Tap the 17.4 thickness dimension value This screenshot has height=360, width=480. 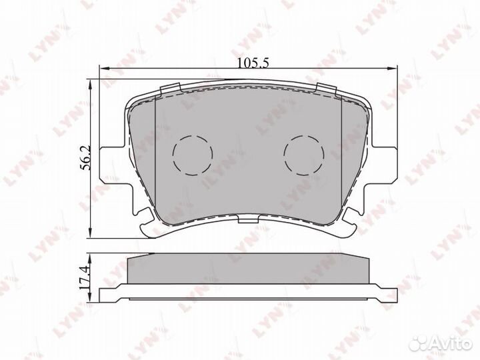[x=84, y=276]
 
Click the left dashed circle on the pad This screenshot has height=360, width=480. [x=192, y=155]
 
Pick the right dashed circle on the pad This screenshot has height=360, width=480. [x=303, y=155]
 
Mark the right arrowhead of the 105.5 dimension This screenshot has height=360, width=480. [x=393, y=69]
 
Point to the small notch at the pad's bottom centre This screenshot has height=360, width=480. [x=248, y=219]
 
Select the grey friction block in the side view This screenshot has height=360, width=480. [x=248, y=270]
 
